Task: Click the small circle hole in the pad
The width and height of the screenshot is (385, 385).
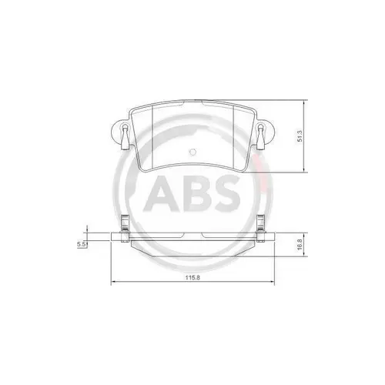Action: coord(193,150)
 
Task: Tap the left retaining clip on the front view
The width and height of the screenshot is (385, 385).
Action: coord(122,136)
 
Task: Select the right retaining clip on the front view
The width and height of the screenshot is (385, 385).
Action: coord(263,136)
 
